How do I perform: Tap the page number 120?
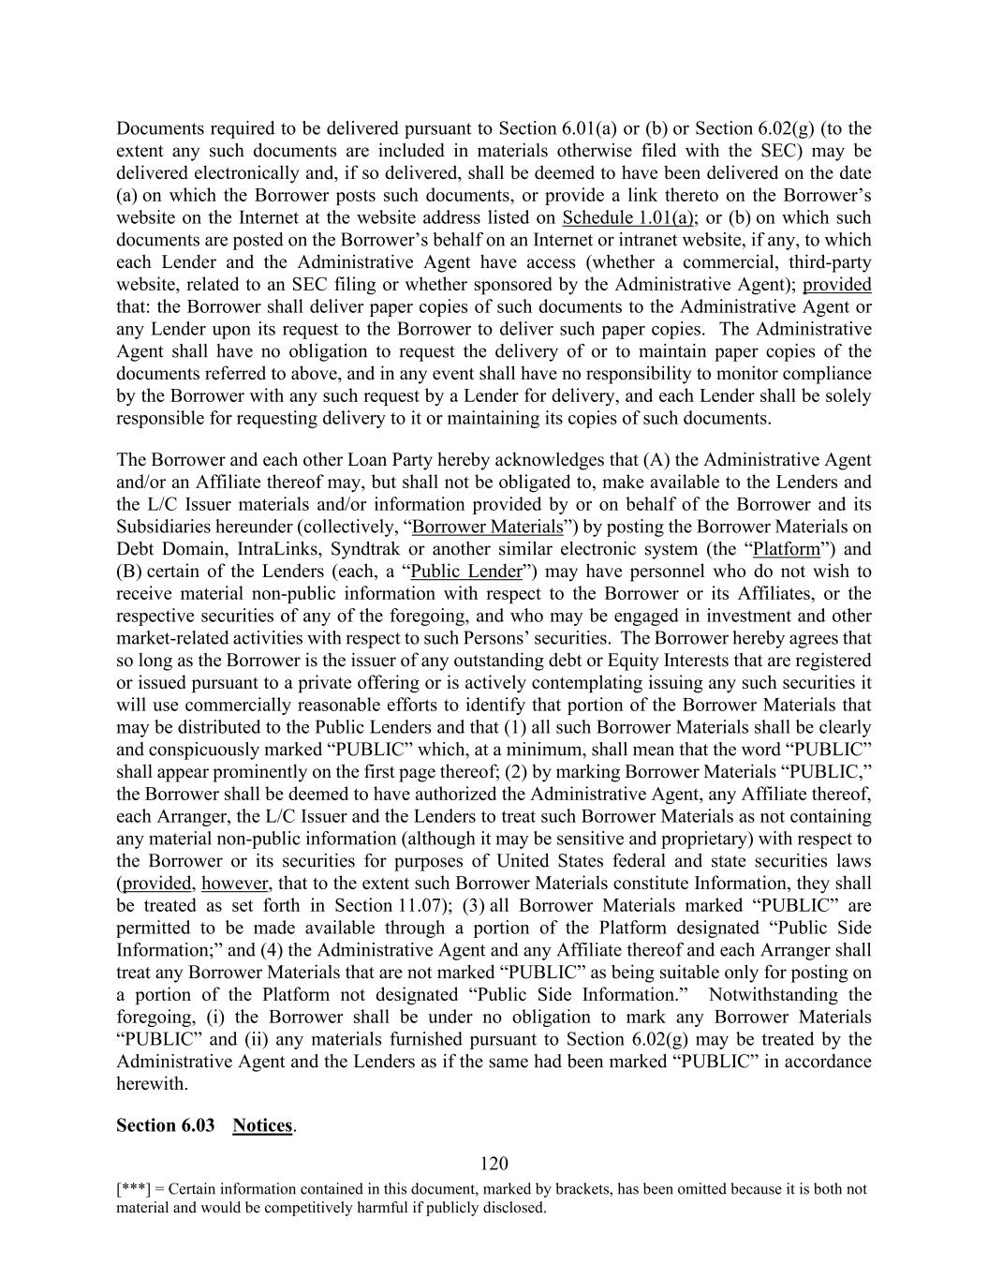(494, 1164)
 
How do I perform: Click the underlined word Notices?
(262, 1125)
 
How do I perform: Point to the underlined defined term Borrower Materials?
(488, 527)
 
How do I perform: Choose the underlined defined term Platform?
(787, 549)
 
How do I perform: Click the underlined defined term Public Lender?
(465, 572)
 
